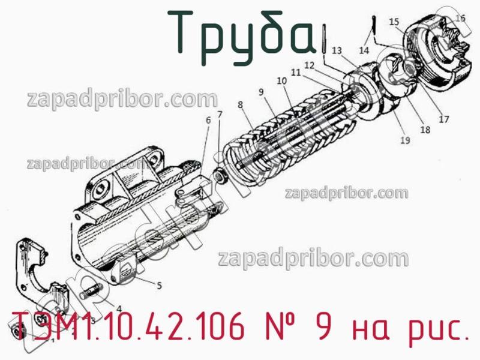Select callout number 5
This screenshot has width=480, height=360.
(160, 286)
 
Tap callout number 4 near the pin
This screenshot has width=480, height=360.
(119, 308)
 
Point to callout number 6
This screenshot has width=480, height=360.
(208, 120)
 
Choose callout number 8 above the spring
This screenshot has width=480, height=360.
(240, 104)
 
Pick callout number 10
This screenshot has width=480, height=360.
(281, 80)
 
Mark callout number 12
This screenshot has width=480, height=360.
(309, 64)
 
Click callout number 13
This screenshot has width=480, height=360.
(336, 50)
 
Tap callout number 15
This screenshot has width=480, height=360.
(394, 23)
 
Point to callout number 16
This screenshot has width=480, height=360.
(460, 18)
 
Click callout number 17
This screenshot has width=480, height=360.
(443, 119)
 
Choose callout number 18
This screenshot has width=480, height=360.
(425, 129)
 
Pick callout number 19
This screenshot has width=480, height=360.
(405, 141)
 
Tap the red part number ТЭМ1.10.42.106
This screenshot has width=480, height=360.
(135, 329)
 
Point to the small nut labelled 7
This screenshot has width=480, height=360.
(221, 178)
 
